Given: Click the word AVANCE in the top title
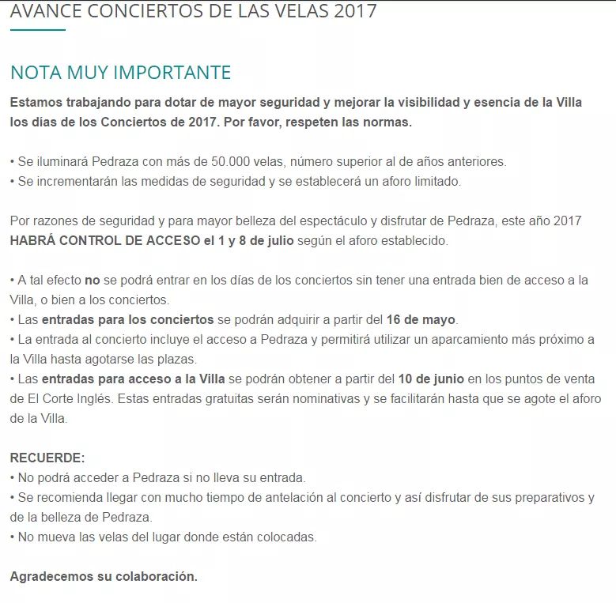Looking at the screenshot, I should (48, 11).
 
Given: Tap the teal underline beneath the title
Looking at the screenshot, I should (37, 30).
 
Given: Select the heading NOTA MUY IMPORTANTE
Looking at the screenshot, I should (120, 73).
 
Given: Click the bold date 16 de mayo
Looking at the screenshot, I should (421, 320).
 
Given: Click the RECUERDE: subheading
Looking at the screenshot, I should (47, 458).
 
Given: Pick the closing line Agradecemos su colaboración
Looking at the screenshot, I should (104, 576).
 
